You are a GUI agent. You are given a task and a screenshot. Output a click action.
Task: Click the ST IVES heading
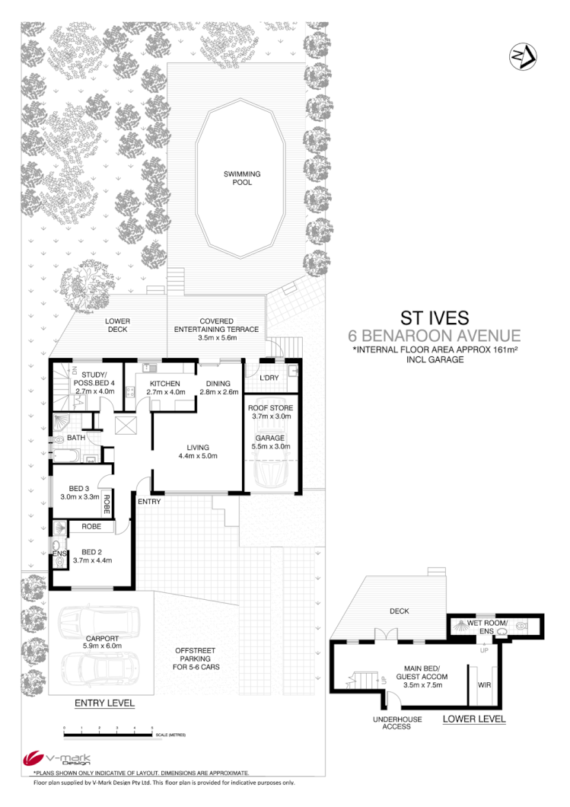coord(434,317)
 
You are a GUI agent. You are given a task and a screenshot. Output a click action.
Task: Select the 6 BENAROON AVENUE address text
coord(434,335)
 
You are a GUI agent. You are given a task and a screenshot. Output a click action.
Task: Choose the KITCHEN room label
coord(164,384)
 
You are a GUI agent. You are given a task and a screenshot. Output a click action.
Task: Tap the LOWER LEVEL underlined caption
coord(473,719)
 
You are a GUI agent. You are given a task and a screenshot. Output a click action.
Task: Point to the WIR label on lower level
coord(482,684)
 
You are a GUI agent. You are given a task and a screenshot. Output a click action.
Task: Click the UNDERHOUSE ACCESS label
coord(392,722)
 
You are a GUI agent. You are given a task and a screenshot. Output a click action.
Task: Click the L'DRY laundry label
coord(269,378)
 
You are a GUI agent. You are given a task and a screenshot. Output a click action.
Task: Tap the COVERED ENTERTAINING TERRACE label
coord(217,325)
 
